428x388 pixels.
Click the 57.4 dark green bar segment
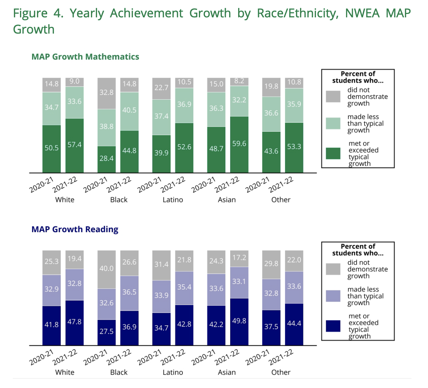74,145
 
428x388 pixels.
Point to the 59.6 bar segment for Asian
239,144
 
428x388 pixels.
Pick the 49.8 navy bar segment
239,321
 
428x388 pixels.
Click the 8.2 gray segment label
239,82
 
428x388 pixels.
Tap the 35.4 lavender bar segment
184,288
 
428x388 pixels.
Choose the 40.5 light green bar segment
129,111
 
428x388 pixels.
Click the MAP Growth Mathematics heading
85,57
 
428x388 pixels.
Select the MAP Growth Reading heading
75,229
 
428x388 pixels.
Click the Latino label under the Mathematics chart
172,200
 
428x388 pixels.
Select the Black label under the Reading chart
119,372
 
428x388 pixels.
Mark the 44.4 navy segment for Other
294,324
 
